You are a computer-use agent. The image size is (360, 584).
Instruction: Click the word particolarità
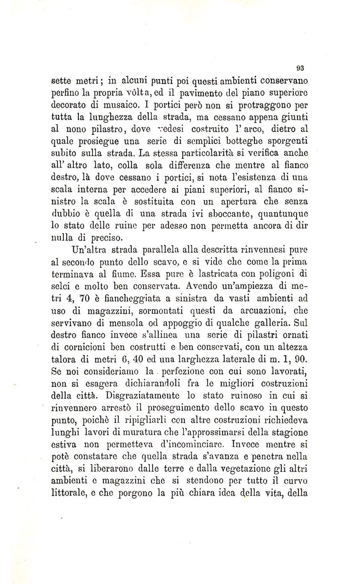click(x=209, y=153)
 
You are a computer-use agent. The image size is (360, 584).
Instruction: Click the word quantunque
click(x=283, y=214)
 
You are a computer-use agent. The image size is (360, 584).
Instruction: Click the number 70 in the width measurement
click(x=85, y=299)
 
